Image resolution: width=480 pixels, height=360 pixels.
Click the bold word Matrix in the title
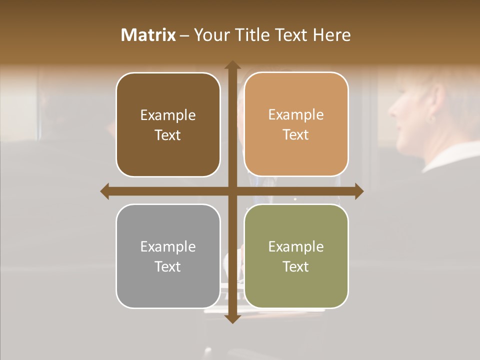coord(148,35)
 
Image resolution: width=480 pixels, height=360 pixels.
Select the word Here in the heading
coord(332,35)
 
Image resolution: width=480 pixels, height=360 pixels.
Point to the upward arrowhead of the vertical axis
coord(232,65)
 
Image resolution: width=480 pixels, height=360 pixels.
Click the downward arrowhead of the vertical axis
coord(232,318)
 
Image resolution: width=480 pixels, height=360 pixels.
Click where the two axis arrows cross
coord(232,191)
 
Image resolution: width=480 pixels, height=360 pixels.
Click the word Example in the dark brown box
coord(168,115)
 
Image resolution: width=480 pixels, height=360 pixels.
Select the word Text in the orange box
coord(296,135)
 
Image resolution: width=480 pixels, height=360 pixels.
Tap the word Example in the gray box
coord(168,247)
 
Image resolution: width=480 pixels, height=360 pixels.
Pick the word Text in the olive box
coord(296,266)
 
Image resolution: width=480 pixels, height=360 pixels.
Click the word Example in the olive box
coord(296,247)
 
